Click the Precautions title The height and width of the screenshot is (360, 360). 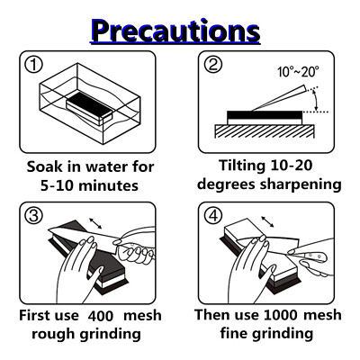point(175,31)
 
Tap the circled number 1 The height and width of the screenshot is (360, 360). point(33,65)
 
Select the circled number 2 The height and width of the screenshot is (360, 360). point(213,65)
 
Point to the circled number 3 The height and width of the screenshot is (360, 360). point(33,215)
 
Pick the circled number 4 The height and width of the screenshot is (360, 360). point(213,215)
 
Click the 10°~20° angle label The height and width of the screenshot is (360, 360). point(298,72)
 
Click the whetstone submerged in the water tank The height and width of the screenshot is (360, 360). point(89,107)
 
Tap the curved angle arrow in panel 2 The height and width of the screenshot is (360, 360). point(315,101)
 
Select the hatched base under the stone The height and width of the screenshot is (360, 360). point(265,131)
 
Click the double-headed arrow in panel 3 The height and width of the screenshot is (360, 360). point(95,223)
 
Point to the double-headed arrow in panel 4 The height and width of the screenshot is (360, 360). point(267,221)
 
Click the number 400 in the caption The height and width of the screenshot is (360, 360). point(101,316)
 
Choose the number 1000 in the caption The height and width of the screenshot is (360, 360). point(281,315)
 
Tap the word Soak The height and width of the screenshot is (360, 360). point(44,166)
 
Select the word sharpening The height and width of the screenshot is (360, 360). point(301,184)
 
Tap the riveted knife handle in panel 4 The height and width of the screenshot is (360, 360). point(312,256)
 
